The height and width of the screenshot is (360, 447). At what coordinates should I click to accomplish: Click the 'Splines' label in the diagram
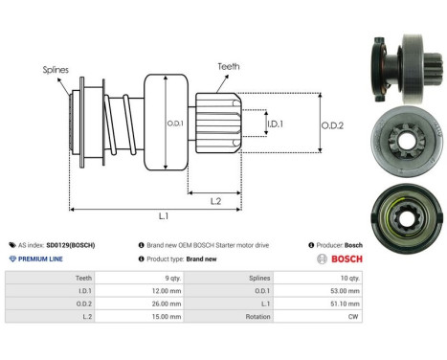point(56,70)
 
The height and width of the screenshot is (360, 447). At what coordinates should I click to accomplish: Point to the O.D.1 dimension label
point(174,122)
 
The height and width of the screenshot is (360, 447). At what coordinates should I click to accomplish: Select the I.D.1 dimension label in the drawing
point(276,124)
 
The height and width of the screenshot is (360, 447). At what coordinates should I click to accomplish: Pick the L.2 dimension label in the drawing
point(216,200)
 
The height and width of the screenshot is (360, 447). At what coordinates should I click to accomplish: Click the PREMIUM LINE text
point(43,259)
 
